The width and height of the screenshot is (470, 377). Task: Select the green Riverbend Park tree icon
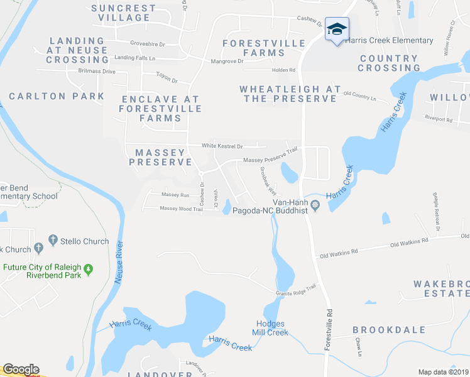click(x=88, y=270)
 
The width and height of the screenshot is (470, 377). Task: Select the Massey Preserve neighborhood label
click(x=160, y=157)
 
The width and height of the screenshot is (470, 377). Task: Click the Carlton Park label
click(x=57, y=96)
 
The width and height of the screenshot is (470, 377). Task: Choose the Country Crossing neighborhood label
click(x=389, y=63)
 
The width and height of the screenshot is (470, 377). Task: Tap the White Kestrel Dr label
click(x=222, y=146)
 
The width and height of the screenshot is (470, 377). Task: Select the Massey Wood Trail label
click(x=181, y=209)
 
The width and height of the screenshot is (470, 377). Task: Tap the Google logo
click(x=20, y=369)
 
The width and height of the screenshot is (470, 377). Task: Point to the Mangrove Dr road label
click(x=227, y=61)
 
